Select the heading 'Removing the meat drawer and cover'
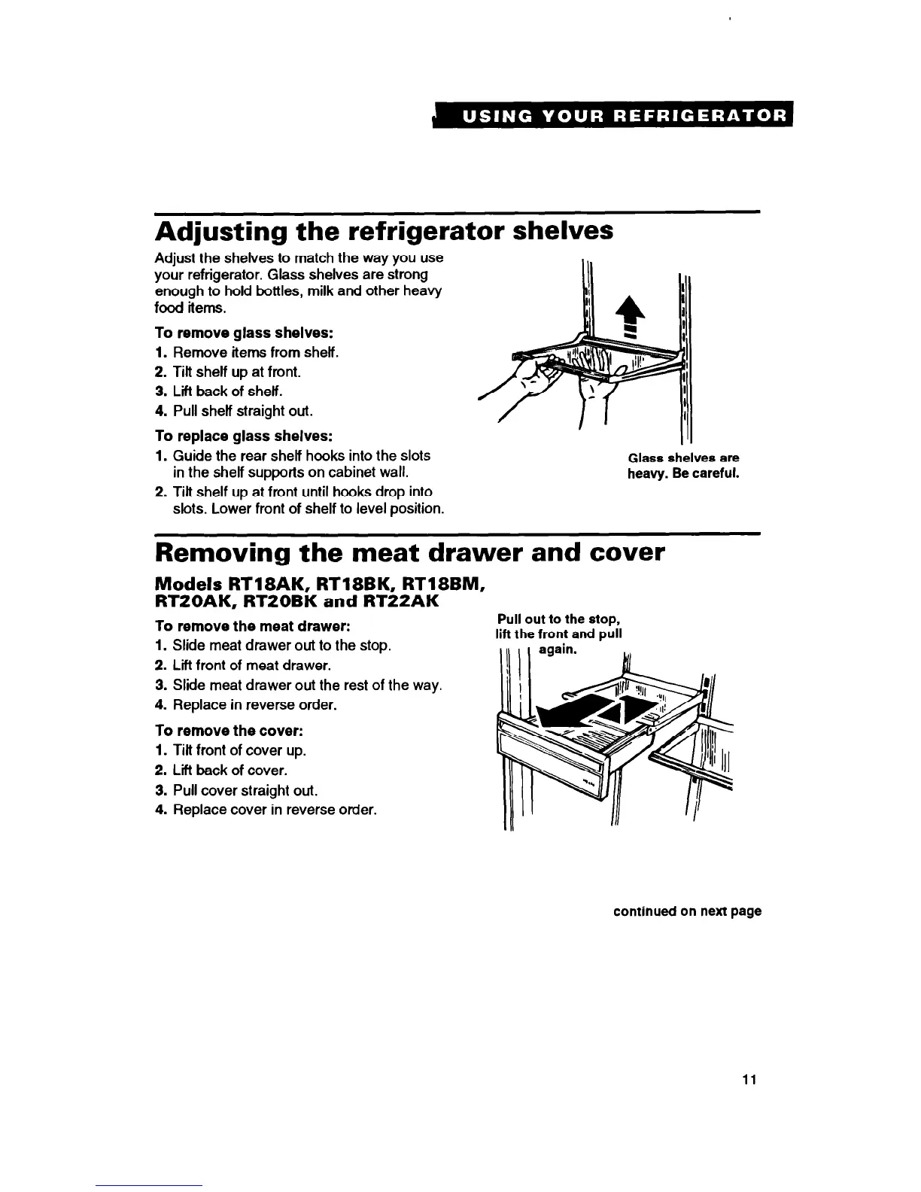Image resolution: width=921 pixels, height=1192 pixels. pos(409,552)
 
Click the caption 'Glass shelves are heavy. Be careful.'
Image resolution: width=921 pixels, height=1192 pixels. pos(683,466)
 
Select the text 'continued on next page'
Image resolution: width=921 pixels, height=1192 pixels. pos(687,911)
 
